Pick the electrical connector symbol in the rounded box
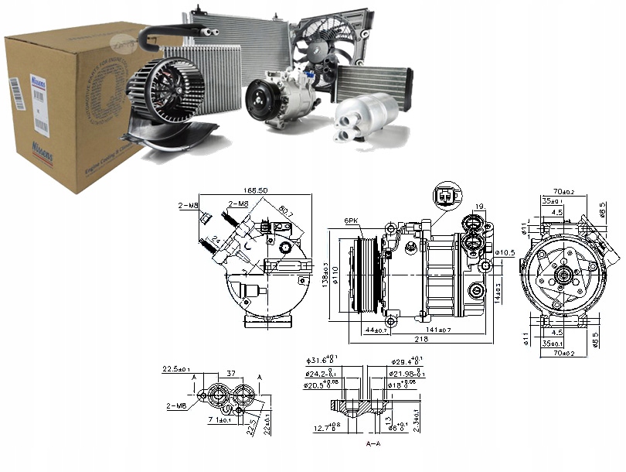pyautogui.click(x=446, y=196)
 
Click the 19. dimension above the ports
pyautogui.click(x=481, y=207)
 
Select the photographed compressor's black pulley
pyautogui.click(x=260, y=101)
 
